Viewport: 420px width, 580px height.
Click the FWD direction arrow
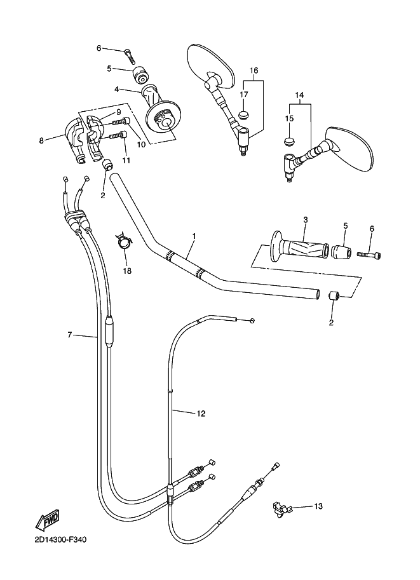(47, 522)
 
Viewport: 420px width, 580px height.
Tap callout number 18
(127, 271)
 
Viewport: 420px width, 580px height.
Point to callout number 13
(318, 506)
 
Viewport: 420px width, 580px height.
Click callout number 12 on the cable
(201, 414)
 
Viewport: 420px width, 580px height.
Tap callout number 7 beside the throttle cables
(69, 335)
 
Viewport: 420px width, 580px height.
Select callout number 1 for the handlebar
(194, 236)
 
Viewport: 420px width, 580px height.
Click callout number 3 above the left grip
(305, 220)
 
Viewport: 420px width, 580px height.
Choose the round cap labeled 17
(243, 116)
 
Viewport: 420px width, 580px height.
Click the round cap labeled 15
(290, 142)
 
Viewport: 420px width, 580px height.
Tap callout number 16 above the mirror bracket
(254, 71)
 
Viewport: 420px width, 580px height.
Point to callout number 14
(299, 95)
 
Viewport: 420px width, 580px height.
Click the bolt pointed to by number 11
(118, 135)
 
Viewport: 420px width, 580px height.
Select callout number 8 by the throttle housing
(41, 140)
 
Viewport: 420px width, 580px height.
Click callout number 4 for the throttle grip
(116, 90)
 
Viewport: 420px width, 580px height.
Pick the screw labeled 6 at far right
(369, 255)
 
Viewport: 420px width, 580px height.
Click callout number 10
(141, 145)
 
